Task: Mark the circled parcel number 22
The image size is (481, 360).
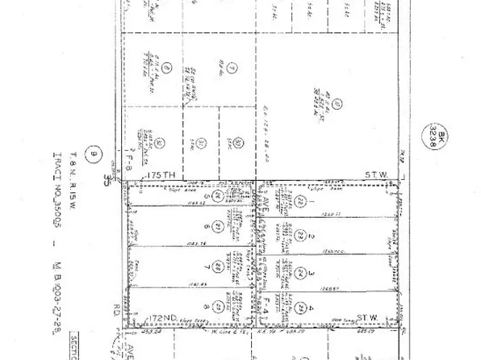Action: tap(300, 200)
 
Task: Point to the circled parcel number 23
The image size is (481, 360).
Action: tap(300, 235)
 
